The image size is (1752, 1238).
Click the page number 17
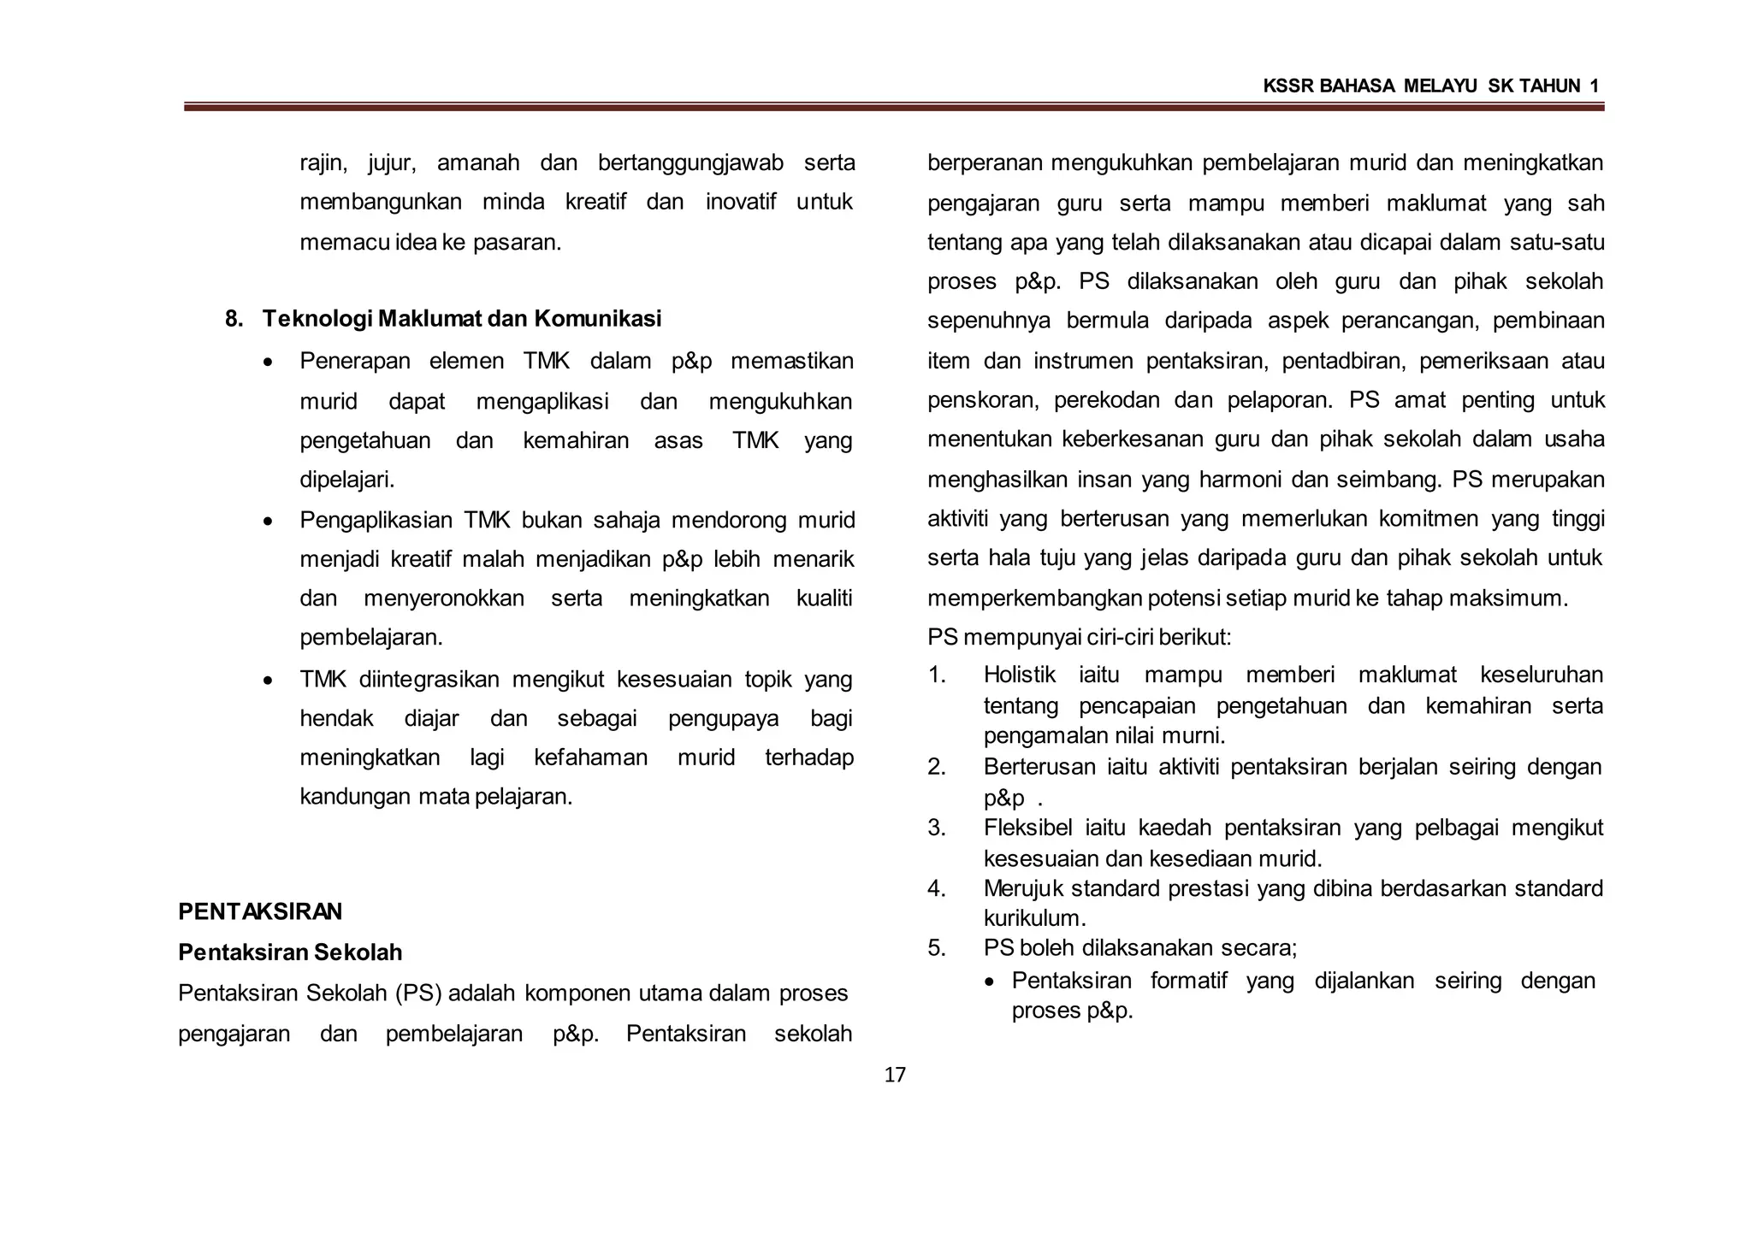coord(894,1075)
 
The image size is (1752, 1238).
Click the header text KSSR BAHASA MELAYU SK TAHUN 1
coord(1430,85)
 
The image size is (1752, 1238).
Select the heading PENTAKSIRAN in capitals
coord(260,911)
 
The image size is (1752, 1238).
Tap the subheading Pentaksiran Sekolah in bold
coord(290,952)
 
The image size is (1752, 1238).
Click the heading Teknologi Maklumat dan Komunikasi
coord(462,319)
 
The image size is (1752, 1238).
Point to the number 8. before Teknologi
coord(234,319)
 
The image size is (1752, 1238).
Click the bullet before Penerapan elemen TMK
coord(269,363)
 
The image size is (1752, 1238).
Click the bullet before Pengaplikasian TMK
coord(269,522)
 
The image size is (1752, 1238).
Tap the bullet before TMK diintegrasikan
coord(269,681)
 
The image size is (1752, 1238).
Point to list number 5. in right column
coord(937,947)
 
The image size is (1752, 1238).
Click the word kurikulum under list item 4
coord(1033,918)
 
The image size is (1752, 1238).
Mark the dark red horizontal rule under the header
coord(894,108)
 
